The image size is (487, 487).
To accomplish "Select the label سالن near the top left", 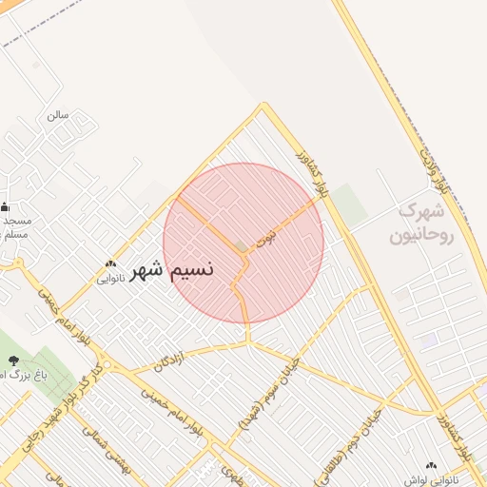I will coord(58,115).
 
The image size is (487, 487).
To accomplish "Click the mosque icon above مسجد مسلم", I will coord(5,206).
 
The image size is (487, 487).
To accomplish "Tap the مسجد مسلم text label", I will coord(16,226).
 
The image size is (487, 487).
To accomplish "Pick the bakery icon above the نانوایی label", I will coord(110,264).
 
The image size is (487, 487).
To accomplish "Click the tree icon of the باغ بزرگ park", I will coord(13,360).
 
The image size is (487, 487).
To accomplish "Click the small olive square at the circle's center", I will coord(242,246).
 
